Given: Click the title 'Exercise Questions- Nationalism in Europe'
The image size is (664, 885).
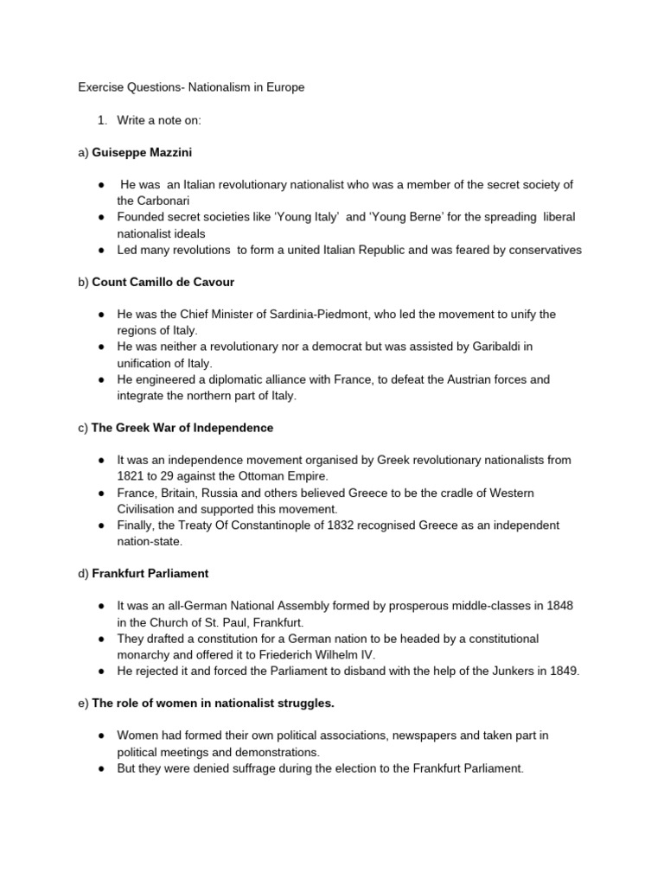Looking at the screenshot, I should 191,87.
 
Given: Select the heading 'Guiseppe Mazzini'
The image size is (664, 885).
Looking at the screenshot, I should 142,152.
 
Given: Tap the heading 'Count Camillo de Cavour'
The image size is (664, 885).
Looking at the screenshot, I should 163,282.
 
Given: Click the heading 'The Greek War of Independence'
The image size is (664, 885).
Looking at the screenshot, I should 182,428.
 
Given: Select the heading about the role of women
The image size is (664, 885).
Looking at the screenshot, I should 213,703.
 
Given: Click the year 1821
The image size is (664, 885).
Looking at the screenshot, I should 131,476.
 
